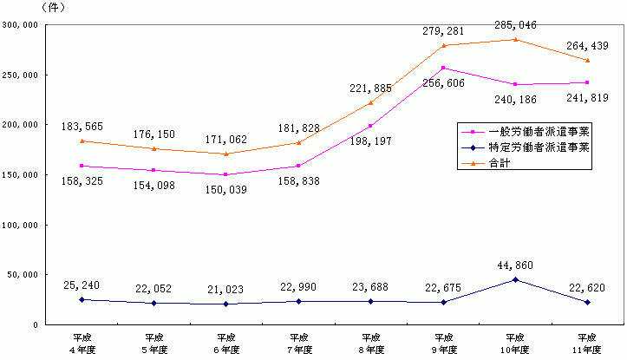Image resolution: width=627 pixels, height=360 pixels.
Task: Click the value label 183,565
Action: pos(82,127)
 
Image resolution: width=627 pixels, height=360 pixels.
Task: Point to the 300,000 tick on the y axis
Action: pos(18,25)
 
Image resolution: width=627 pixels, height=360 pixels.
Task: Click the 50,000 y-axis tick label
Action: pos(21,275)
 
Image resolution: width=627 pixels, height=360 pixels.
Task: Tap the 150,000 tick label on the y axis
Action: pos(18,175)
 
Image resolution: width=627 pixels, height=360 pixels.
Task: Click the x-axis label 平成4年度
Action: pos(82,342)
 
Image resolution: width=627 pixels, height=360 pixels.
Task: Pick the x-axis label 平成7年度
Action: pos(299,342)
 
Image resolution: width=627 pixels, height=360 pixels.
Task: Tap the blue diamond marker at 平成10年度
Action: pos(515,279)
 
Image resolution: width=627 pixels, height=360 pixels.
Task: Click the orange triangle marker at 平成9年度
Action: pos(443,45)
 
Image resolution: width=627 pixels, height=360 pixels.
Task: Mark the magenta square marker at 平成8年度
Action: pos(371,126)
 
